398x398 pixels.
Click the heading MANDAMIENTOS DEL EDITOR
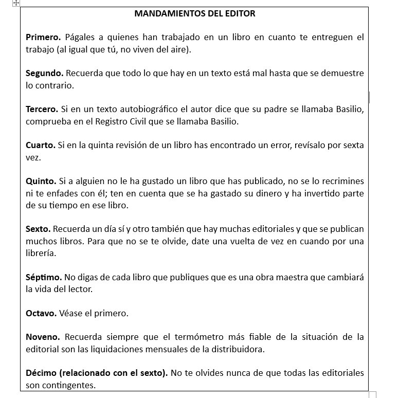(194, 13)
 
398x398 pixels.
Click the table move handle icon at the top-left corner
(15, 3)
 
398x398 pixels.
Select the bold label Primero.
(43, 38)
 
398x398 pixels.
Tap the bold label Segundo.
(44, 74)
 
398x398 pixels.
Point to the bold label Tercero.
(42, 110)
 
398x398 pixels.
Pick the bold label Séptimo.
(44, 277)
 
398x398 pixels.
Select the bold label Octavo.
(41, 313)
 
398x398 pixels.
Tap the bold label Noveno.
(43, 337)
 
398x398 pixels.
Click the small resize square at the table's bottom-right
(372, 395)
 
